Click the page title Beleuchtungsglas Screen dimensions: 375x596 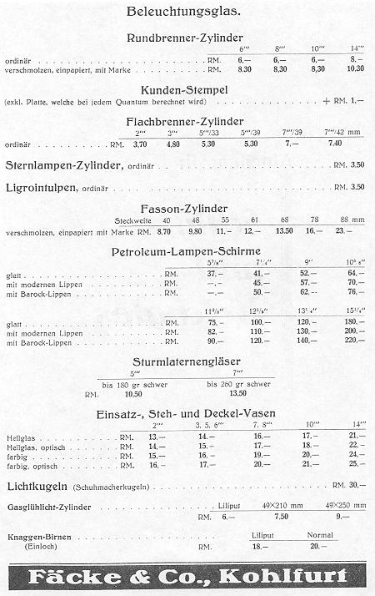tap(183, 12)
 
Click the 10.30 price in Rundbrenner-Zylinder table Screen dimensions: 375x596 tap(356, 69)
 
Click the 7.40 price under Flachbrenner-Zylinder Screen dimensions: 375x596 tap(336, 144)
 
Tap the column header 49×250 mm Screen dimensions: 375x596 tap(343, 505)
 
